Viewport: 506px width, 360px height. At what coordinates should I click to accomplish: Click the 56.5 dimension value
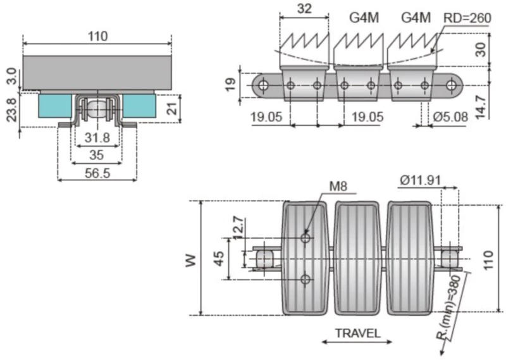pyautogui.click(x=96, y=173)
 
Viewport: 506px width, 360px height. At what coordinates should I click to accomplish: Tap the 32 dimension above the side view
pyautogui.click(x=304, y=9)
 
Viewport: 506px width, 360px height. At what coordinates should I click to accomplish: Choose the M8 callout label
pyautogui.click(x=339, y=187)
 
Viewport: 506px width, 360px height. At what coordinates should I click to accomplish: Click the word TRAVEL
pyautogui.click(x=358, y=333)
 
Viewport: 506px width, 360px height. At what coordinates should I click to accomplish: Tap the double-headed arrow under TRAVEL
pyautogui.click(x=357, y=343)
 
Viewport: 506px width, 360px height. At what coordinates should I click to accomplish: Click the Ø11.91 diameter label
pyautogui.click(x=422, y=180)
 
